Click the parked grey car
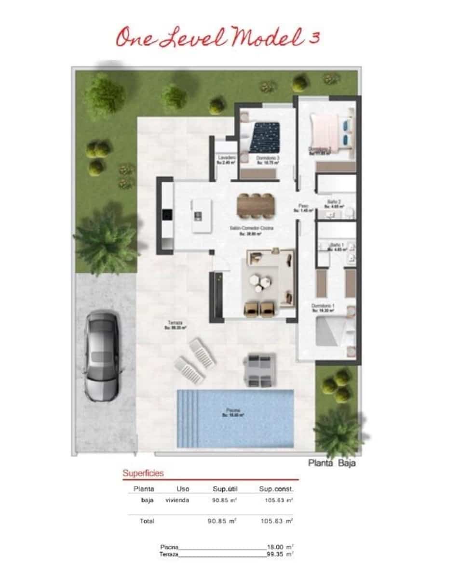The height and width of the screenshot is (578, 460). click(x=102, y=356)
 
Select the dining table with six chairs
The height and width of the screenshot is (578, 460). click(x=256, y=206)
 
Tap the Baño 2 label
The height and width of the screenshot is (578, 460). click(x=334, y=201)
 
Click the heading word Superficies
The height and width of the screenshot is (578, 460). click(x=143, y=473)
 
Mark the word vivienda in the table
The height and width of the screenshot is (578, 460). click(x=177, y=500)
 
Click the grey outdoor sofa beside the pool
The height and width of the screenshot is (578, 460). click(x=260, y=369)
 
